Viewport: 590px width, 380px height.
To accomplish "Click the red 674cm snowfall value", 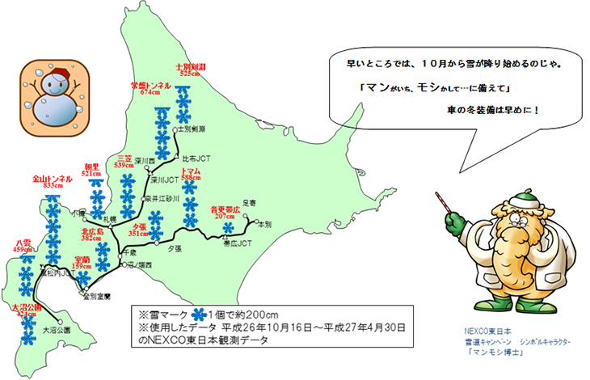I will tap(151, 92).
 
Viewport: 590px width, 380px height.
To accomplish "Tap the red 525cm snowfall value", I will tap(189, 74).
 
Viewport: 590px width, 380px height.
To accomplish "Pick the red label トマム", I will tap(190, 171).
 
